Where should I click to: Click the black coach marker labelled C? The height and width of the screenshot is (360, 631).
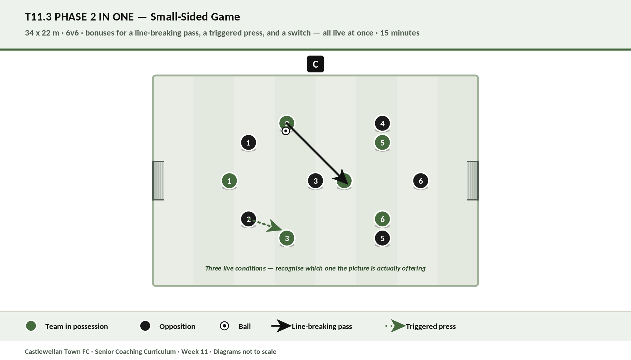point(315,64)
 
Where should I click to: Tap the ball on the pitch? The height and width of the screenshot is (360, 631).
point(286,131)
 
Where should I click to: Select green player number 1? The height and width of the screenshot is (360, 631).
point(229,181)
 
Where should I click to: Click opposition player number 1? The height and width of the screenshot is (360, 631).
point(249,142)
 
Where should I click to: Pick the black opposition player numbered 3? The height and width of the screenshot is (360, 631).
point(315,181)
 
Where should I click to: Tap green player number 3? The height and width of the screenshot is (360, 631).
point(287,238)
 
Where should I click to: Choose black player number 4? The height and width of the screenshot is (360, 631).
point(382,123)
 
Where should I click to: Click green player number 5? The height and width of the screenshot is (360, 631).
point(382,142)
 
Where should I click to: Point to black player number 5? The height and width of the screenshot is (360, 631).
point(382,238)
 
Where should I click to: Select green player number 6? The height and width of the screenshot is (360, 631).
point(382,219)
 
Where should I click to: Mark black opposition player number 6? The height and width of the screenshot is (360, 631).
point(421,181)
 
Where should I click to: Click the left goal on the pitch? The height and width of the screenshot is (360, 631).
point(158,181)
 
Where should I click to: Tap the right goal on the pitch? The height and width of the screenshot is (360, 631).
point(473,181)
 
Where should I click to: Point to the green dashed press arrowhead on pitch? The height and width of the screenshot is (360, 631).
point(275,226)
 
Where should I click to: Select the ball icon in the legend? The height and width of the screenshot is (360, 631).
point(224,326)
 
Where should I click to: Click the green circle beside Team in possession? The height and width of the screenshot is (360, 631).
point(31,326)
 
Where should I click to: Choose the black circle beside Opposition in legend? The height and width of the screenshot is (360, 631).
point(145,326)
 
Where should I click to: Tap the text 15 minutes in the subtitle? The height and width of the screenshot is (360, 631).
point(400,33)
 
